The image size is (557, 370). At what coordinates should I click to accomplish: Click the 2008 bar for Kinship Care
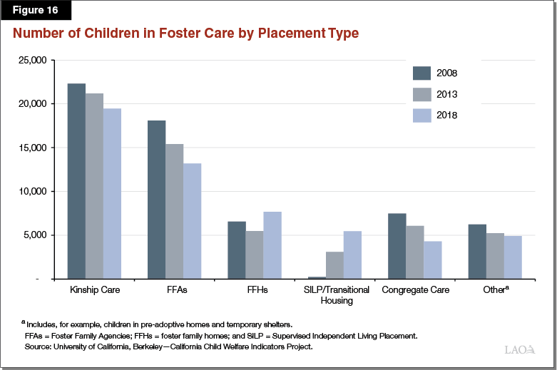point(76,181)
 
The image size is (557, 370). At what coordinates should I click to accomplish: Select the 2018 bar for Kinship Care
point(112,193)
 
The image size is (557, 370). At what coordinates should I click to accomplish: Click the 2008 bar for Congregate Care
point(397,246)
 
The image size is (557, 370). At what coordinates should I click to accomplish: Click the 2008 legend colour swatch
point(422,73)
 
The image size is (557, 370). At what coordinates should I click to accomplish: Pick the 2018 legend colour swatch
point(422,115)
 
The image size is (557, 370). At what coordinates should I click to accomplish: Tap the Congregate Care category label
point(414,291)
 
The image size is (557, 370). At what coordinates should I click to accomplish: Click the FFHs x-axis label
point(254,291)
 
